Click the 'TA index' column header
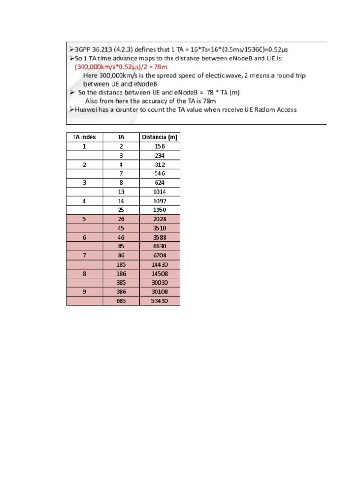click(84, 137)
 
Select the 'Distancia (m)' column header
click(159, 137)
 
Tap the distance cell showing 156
click(159, 146)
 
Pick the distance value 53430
click(159, 301)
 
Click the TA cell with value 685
click(121, 301)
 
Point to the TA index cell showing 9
click(84, 292)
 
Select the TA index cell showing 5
click(84, 219)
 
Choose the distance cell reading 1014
click(159, 192)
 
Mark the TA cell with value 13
click(121, 192)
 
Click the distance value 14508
click(159, 274)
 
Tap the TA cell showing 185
click(121, 264)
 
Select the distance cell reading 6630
click(159, 246)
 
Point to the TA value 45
click(121, 228)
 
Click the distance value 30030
click(159, 283)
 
